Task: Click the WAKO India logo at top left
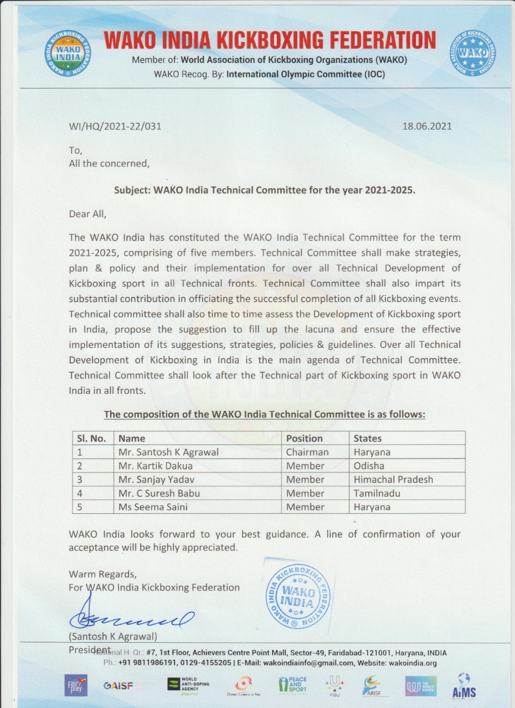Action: coord(68,54)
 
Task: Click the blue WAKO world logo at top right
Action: coord(472,54)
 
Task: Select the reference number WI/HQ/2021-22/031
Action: coord(115,126)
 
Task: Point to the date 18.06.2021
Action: coord(427,126)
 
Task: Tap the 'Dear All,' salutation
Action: coord(87,214)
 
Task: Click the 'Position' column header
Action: coord(304,439)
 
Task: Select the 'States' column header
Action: coord(368,439)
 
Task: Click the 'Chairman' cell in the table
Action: coord(307,452)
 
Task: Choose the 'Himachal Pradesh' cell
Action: coord(394,480)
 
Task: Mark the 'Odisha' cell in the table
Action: coord(369,466)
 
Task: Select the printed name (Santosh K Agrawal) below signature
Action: coord(113,636)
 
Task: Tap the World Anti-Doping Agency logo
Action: coord(188,685)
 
